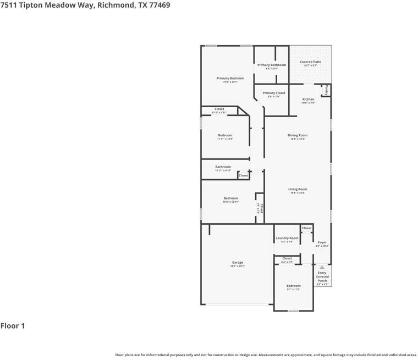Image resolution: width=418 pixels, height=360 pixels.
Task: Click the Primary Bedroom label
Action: pyautogui.click(x=230, y=79)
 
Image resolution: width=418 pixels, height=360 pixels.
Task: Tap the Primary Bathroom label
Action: pyautogui.click(x=272, y=65)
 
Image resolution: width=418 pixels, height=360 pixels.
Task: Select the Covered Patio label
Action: pyautogui.click(x=310, y=62)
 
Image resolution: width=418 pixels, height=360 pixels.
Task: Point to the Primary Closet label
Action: pyautogui.click(x=273, y=93)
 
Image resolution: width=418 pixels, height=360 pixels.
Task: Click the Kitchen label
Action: pyautogui.click(x=308, y=99)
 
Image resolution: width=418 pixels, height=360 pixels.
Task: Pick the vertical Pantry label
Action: pyautogui.click(x=326, y=90)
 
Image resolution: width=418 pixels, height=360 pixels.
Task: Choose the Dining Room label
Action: pyautogui.click(x=298, y=135)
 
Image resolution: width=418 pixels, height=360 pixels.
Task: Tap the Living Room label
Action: pyautogui.click(x=298, y=190)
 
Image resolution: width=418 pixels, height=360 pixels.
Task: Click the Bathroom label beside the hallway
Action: pyautogui.click(x=223, y=167)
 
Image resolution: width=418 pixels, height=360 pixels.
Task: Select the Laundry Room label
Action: pyautogui.click(x=287, y=238)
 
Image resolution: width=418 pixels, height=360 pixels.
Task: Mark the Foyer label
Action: pyautogui.click(x=322, y=242)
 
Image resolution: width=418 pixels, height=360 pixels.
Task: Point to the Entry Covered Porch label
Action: pyautogui.click(x=322, y=276)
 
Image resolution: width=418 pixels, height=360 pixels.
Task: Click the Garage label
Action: pyautogui.click(x=237, y=263)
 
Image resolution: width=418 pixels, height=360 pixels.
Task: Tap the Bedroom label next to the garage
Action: pyautogui.click(x=293, y=286)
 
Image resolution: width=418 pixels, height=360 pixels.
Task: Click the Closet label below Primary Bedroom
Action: pyautogui.click(x=219, y=109)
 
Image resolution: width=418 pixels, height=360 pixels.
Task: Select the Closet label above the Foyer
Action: pyautogui.click(x=306, y=228)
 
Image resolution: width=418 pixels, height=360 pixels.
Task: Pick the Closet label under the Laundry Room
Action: pyautogui.click(x=287, y=258)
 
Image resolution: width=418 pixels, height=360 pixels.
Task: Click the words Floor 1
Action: pyautogui.click(x=13, y=326)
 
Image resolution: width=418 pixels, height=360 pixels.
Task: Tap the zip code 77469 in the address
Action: pyautogui.click(x=157, y=5)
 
